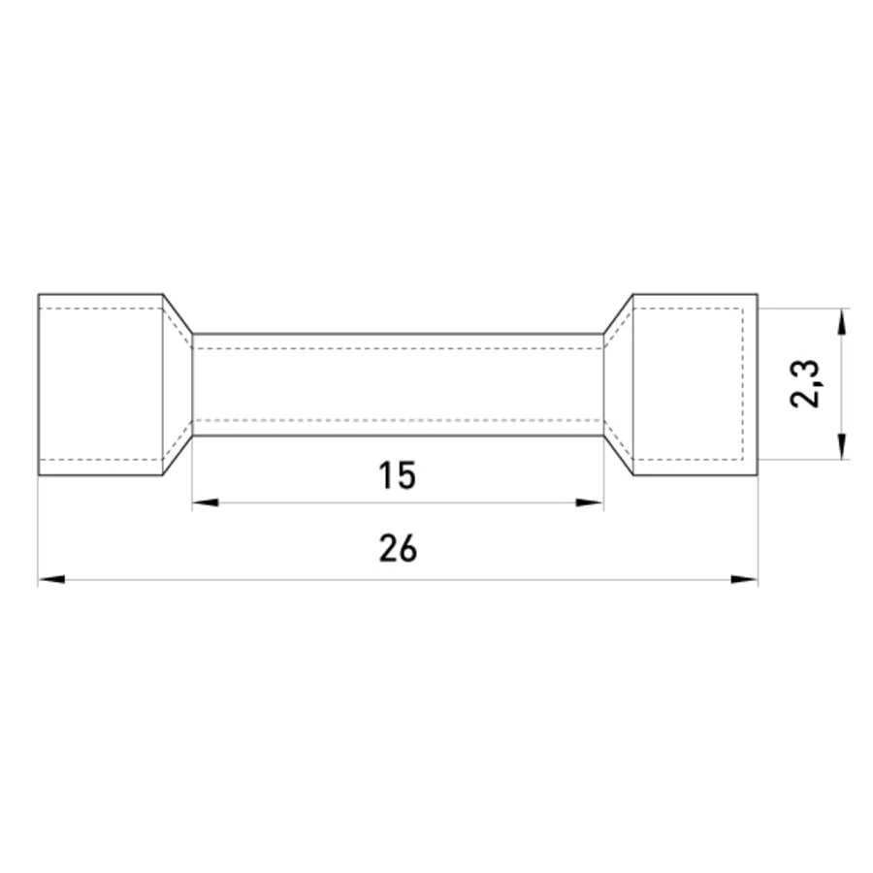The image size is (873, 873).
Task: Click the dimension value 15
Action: click(x=397, y=475)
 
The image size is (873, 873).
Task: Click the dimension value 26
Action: click(x=398, y=548)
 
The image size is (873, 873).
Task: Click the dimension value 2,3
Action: click(x=805, y=384)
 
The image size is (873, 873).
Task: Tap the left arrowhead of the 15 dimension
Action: click(x=206, y=502)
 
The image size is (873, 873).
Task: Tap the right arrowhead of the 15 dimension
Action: click(x=590, y=502)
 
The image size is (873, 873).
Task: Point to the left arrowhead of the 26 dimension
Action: click(x=51, y=580)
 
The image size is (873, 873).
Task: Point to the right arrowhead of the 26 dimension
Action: click(x=744, y=580)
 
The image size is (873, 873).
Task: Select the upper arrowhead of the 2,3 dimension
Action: click(x=842, y=322)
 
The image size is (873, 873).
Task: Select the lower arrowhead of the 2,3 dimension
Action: click(x=842, y=446)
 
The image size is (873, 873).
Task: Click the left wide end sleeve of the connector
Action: click(x=101, y=384)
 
